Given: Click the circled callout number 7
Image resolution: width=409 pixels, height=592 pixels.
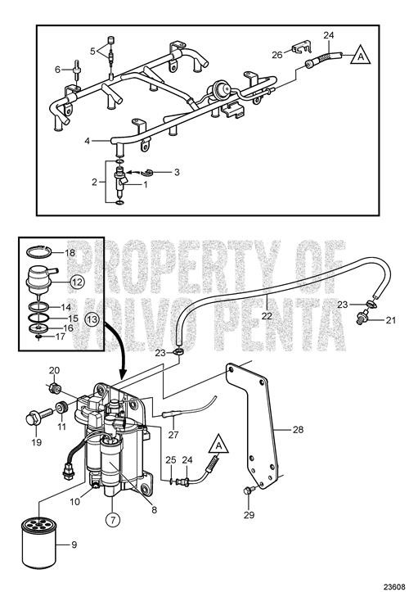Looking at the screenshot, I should click(x=112, y=517).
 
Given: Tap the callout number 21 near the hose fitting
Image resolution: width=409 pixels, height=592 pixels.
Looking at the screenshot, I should click(x=390, y=319).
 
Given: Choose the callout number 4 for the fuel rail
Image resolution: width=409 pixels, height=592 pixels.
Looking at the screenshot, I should click(x=88, y=142).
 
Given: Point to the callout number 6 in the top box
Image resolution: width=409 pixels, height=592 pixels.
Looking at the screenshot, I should click(x=57, y=69).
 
